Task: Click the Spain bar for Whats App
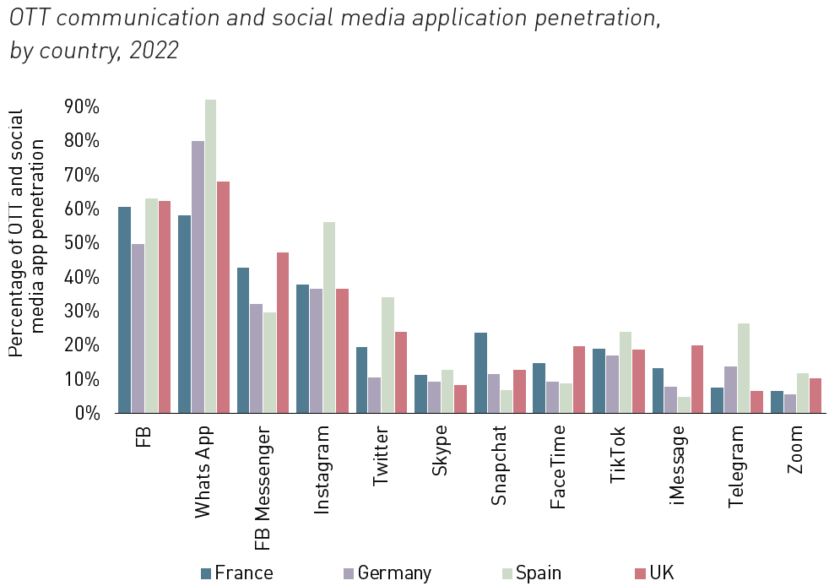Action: click(x=210, y=257)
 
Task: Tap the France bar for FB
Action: click(x=124, y=310)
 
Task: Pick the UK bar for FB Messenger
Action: click(x=283, y=333)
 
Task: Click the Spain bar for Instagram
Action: click(x=329, y=317)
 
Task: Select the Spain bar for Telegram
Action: click(x=744, y=368)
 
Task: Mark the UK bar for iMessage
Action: click(x=697, y=379)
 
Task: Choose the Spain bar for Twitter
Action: click(x=388, y=355)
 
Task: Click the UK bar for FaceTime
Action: click(x=579, y=379)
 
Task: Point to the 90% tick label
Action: click(x=81, y=107)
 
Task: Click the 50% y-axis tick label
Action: click(x=81, y=243)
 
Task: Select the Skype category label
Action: click(x=441, y=451)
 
